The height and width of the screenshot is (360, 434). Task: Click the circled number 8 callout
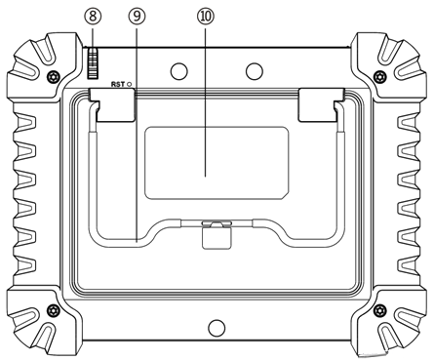(93, 17)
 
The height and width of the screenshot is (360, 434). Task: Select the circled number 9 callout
(137, 17)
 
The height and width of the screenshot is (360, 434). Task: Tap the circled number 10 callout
(206, 17)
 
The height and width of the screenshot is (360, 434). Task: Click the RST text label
(118, 84)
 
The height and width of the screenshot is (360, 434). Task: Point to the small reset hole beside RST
(130, 84)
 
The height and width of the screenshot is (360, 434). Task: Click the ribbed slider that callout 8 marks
(93, 63)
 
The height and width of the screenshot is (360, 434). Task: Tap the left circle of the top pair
(179, 70)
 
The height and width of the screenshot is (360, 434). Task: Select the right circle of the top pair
(255, 70)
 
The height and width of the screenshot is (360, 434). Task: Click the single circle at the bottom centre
(217, 328)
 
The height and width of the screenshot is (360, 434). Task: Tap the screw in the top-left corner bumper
(53, 76)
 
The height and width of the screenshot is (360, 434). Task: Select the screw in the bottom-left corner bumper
(53, 309)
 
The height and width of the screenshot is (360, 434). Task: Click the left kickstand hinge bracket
(112, 104)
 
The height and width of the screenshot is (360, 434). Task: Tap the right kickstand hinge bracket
(321, 104)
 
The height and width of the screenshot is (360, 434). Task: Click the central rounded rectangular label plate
(217, 163)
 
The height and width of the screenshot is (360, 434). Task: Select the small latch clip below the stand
(217, 235)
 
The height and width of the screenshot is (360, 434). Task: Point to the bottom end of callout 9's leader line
(137, 243)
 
